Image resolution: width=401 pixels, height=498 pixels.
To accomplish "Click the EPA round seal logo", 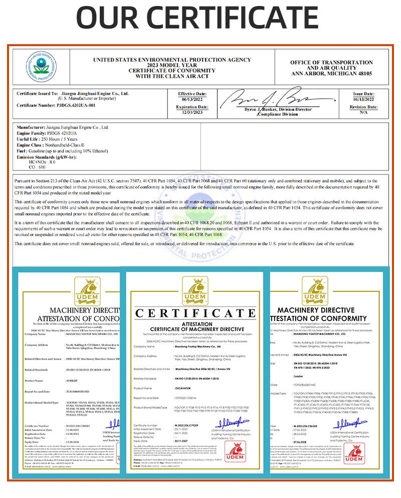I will pos(42,67).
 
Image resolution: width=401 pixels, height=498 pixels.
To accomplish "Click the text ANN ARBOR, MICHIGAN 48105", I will pos(332,73).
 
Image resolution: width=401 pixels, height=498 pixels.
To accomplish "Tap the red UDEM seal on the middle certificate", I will pos(235,452).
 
